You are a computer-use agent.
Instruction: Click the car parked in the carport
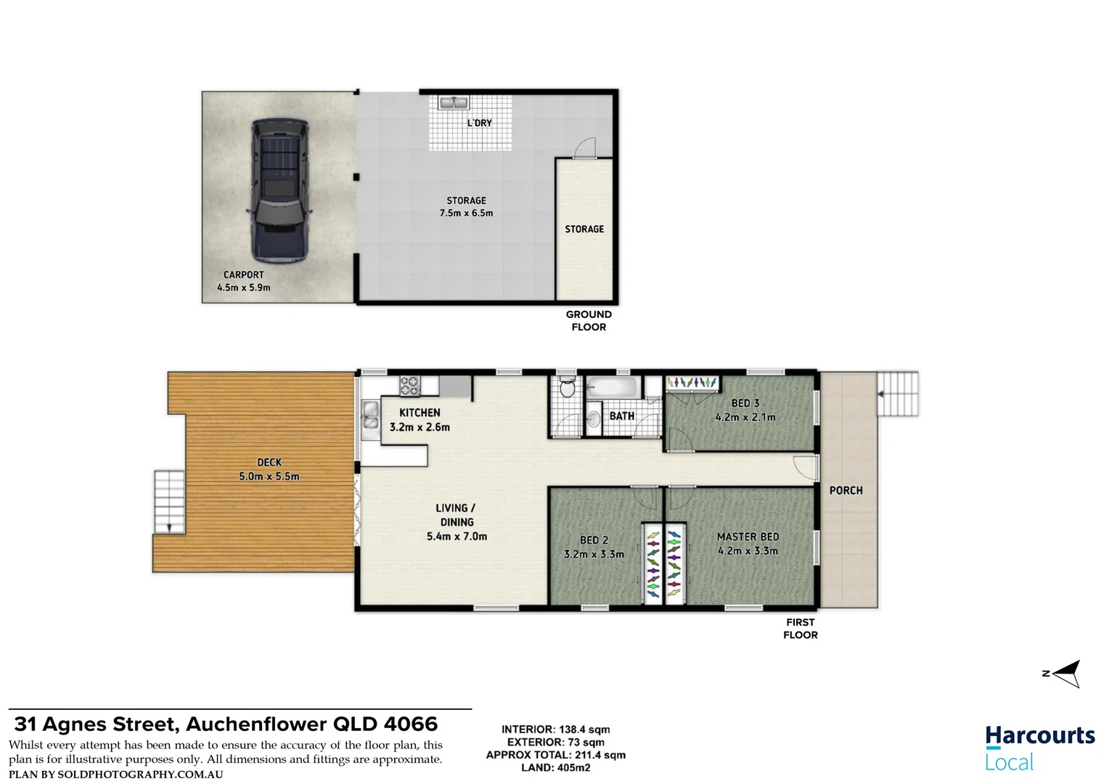pos(279,190)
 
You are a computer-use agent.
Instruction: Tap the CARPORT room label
pos(244,275)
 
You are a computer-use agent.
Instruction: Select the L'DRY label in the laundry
pos(479,123)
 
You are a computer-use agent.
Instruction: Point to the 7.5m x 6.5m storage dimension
pos(466,213)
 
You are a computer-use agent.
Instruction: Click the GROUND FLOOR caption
pos(589,321)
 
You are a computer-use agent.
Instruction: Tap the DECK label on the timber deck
pos(269,462)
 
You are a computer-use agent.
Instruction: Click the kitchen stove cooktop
pos(410,385)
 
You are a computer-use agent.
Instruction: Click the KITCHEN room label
pos(420,412)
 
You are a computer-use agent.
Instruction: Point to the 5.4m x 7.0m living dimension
pos(457,536)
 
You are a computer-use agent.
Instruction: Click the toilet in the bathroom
pos(568,388)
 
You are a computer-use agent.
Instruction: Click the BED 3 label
pos(745,403)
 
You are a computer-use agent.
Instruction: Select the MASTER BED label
pos(748,536)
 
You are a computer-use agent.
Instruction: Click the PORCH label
pos(846,491)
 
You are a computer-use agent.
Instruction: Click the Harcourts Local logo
pos(1039,748)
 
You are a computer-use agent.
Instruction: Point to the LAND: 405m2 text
pos(555,767)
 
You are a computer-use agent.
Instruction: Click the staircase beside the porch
pos(898,393)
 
